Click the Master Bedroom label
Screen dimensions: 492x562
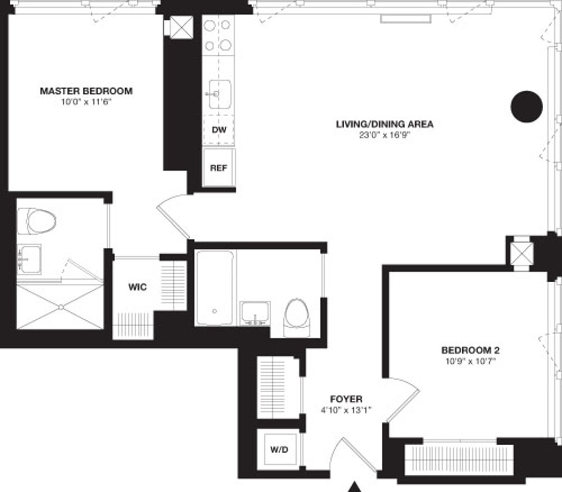tap(86, 91)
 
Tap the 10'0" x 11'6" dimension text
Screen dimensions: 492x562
tap(86, 102)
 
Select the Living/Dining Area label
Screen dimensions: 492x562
tap(385, 124)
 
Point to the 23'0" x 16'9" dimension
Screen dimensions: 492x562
tap(385, 135)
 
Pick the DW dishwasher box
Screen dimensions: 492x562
tap(219, 130)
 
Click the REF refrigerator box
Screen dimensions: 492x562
tap(219, 168)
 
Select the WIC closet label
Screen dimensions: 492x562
tap(137, 286)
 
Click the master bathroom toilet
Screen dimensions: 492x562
tap(37, 221)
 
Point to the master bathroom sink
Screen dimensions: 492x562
tap(29, 259)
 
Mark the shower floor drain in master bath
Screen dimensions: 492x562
tap(60, 307)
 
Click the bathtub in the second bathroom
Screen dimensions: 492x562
tap(214, 288)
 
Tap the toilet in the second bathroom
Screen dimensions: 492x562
tap(297, 316)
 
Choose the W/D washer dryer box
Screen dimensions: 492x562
tap(279, 449)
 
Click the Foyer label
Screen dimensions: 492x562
tap(346, 399)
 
